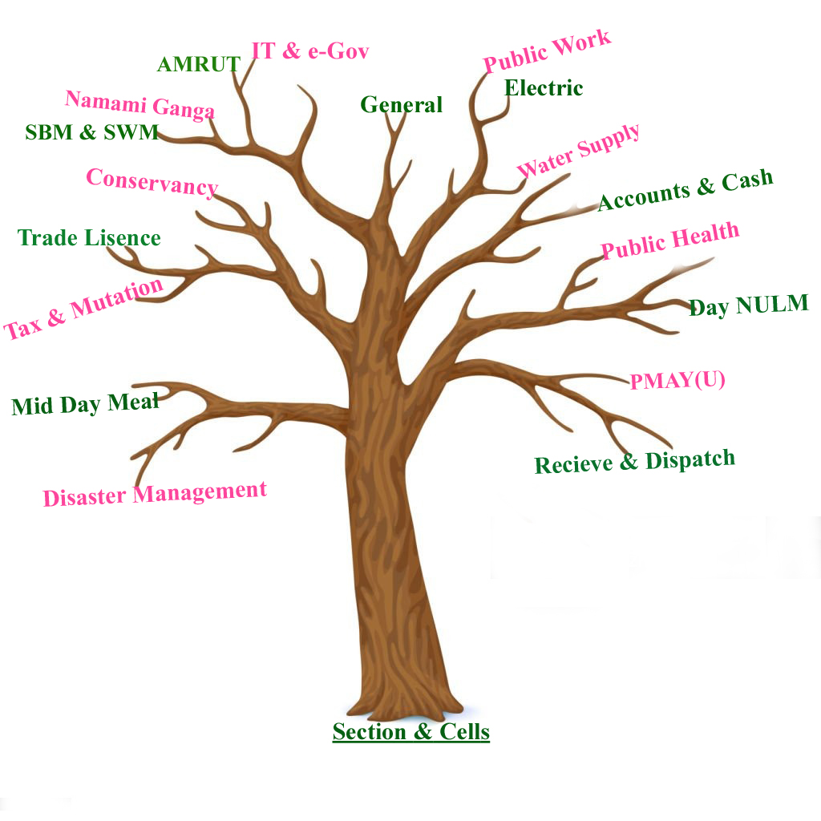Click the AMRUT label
click(198, 65)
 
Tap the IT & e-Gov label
click(309, 51)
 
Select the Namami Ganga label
click(140, 104)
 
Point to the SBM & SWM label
click(91, 132)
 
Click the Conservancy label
click(152, 182)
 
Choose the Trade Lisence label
click(89, 238)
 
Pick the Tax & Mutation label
click(83, 309)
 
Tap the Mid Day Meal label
click(85, 404)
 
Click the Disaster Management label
click(154, 493)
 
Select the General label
click(401, 105)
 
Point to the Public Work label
click(547, 51)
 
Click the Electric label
click(544, 87)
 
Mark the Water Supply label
click(578, 152)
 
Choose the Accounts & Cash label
click(686, 190)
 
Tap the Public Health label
click(670, 241)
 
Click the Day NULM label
click(749, 305)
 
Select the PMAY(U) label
click(677, 380)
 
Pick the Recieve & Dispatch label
click(634, 462)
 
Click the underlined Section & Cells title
click(410, 731)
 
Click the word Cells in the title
click(463, 731)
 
